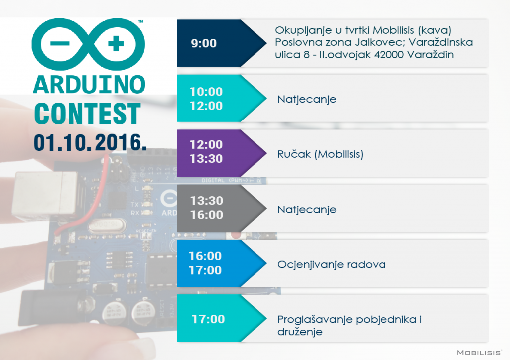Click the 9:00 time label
(204, 43)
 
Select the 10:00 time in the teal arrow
(206, 92)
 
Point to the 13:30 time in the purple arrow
(206, 159)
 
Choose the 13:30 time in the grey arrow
(207, 201)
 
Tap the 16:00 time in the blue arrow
(205, 256)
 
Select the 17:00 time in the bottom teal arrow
(208, 319)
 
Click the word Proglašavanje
(315, 320)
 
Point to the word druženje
(300, 332)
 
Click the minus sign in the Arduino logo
(60, 44)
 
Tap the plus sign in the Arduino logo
(116, 44)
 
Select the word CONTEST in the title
(88, 114)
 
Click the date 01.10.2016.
(90, 142)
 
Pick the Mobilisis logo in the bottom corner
(479, 353)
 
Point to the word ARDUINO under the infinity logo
(90, 85)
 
